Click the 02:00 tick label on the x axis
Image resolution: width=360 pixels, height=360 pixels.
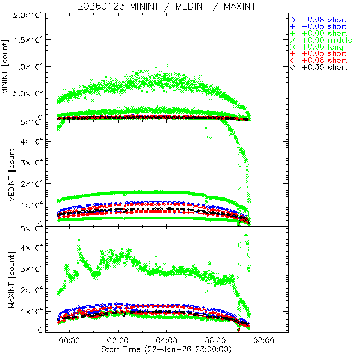pyautogui.click(x=118, y=340)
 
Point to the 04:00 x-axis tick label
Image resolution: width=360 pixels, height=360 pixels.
pyautogui.click(x=166, y=340)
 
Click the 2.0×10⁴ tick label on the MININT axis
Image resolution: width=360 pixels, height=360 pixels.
pyautogui.click(x=25, y=13)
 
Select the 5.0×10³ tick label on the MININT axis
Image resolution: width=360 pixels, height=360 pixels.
pyautogui.click(x=25, y=93)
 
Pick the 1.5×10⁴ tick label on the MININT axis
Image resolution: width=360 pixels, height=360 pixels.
pyautogui.click(x=25, y=40)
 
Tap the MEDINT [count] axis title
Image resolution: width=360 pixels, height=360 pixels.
pyautogui.click(x=6, y=173)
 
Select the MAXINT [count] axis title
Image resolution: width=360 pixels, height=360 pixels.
pyautogui.click(x=6, y=279)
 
